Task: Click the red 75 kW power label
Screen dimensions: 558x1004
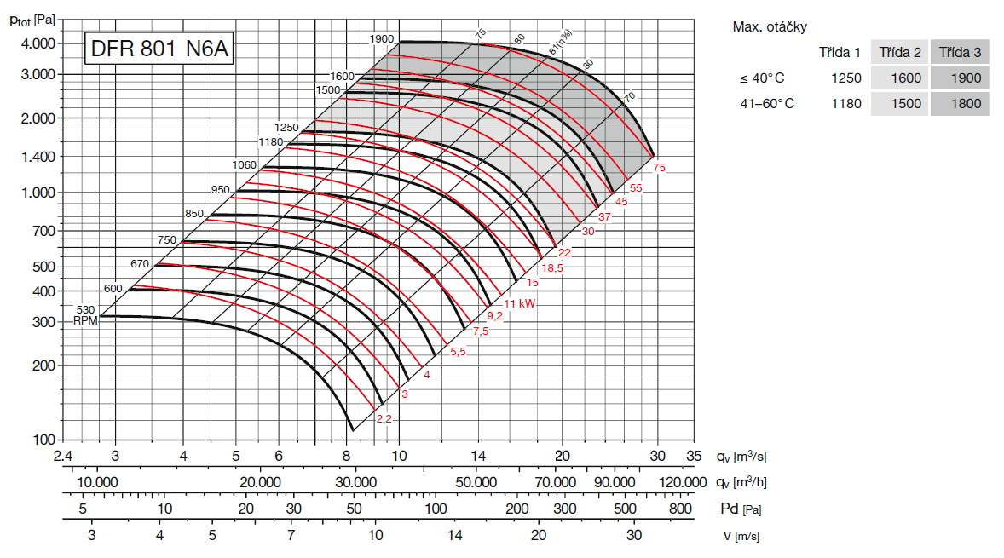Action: pyautogui.click(x=659, y=168)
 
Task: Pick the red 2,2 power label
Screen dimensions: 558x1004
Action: pyautogui.click(x=384, y=418)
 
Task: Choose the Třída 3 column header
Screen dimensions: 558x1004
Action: pyautogui.click(x=960, y=52)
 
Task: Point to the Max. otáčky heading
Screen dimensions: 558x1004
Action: pyautogui.click(x=770, y=26)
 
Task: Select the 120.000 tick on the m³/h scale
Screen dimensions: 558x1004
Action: pyautogui.click(x=684, y=482)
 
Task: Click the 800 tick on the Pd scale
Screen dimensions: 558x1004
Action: pyautogui.click(x=680, y=509)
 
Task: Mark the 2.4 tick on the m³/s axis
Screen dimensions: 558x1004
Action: pyautogui.click(x=62, y=456)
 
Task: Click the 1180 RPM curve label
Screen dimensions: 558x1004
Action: pyautogui.click(x=270, y=142)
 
